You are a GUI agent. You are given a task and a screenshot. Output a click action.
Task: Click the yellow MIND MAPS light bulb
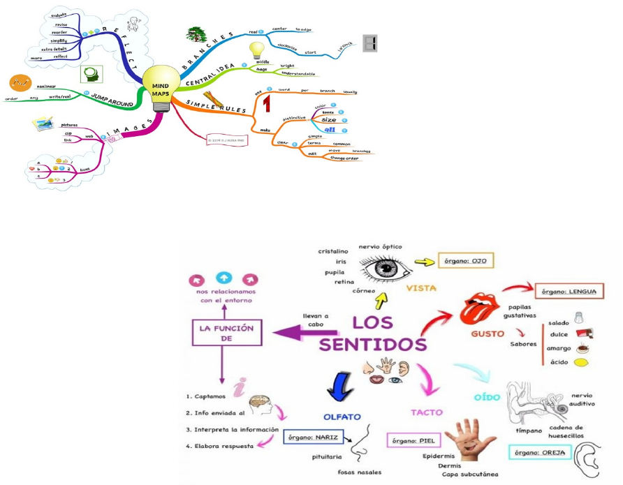[160, 87]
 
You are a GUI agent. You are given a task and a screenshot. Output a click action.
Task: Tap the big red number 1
[266, 104]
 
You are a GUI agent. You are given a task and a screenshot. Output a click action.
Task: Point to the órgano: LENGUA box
[569, 291]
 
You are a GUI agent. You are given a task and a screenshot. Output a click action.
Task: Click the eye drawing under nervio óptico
[381, 268]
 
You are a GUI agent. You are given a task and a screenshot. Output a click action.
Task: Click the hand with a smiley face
[474, 438]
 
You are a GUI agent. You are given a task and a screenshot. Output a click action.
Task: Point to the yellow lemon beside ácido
[581, 363]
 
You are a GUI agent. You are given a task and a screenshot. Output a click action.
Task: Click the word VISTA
[421, 288]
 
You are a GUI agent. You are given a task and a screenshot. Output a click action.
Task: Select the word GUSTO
[488, 334]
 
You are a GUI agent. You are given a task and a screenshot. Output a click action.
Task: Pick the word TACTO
[427, 412]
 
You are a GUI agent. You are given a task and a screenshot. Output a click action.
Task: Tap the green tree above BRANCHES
[195, 33]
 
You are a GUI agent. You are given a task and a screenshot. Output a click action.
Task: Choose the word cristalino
[334, 251]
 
